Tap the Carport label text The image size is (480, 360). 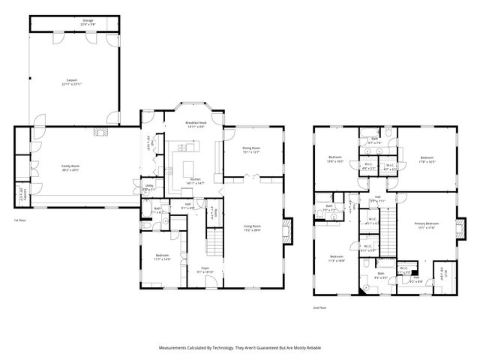tap(72, 80)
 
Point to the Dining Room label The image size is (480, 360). tap(251, 150)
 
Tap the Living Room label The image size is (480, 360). tap(251, 227)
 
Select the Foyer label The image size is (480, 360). tap(204, 269)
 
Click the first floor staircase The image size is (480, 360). tap(215, 241)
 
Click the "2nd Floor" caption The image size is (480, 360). tap(321, 307)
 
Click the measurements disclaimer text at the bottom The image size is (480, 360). tap(240, 348)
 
